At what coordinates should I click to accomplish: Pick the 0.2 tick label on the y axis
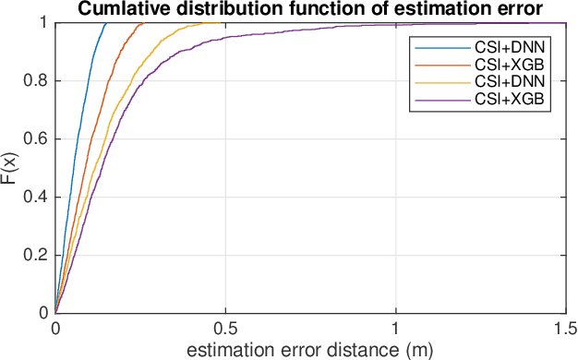point(37,255)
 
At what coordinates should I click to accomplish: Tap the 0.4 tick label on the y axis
point(37,197)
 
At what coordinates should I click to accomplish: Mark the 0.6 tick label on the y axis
point(37,138)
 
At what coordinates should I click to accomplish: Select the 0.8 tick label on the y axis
point(37,80)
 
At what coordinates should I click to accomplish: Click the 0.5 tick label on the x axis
point(225,329)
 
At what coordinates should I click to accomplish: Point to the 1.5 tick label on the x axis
point(565,329)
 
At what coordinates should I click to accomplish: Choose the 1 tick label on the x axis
point(396,329)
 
